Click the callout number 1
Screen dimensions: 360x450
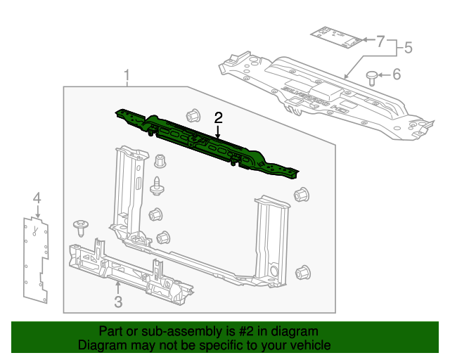(127, 75)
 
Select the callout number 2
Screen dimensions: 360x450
(219, 117)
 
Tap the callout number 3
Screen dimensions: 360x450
(118, 302)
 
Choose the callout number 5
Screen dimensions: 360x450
(407, 49)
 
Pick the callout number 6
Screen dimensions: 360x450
(396, 74)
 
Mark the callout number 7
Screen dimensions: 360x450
(380, 41)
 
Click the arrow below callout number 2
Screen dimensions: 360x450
(219, 130)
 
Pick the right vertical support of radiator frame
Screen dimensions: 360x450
(271, 239)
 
